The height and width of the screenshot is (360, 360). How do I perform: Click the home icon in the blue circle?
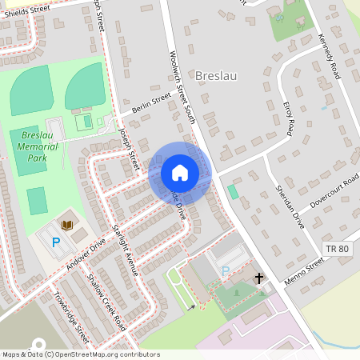179,173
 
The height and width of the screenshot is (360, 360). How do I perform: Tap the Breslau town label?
217,75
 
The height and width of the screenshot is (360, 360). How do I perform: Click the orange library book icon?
68,225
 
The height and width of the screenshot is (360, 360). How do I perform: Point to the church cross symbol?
258,278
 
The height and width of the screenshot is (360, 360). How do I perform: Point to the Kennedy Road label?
330,57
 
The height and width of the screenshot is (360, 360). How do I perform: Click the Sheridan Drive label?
290,206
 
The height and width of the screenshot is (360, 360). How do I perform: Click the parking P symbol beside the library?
56,242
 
